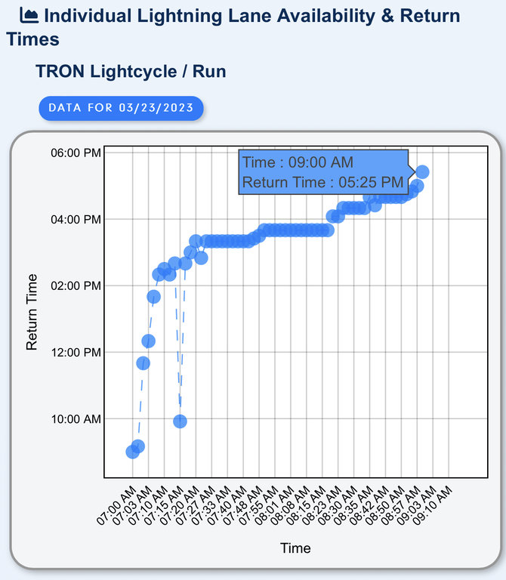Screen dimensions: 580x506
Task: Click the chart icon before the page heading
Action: tap(29, 14)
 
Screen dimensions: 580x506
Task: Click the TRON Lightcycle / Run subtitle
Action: tap(131, 72)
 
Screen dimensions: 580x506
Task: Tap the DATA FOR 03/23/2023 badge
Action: tap(121, 107)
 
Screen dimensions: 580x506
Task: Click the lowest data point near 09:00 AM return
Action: tap(132, 452)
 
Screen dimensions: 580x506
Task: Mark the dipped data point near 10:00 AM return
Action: tap(180, 421)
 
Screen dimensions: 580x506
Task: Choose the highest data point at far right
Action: tap(422, 172)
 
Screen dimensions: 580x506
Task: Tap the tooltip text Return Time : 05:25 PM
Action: tap(322, 182)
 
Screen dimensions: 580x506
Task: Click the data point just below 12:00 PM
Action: tap(143, 363)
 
